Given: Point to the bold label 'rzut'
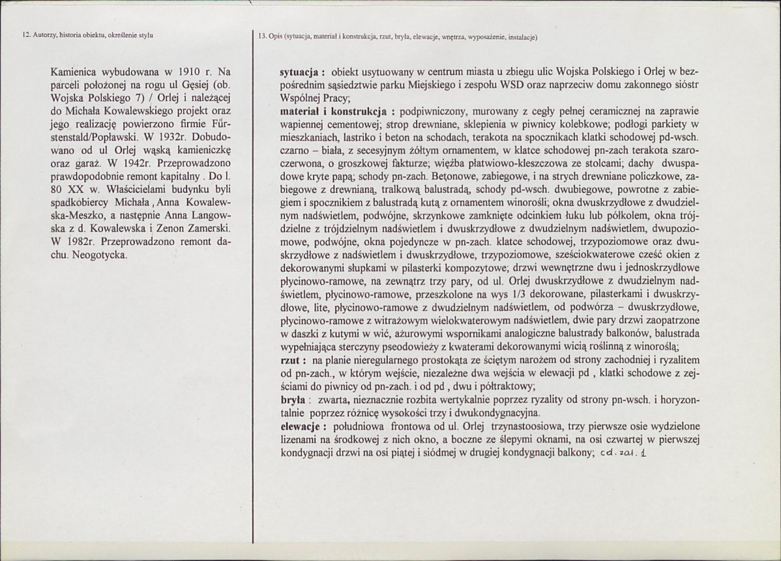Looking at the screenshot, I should tap(289, 360).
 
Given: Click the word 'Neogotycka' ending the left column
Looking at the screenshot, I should tap(102, 254).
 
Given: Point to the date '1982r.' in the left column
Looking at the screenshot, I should tap(74, 242).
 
